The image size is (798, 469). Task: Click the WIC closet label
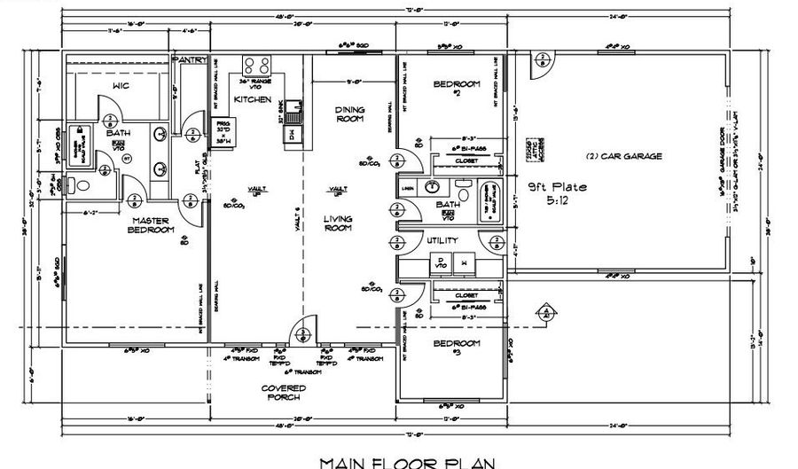(121, 85)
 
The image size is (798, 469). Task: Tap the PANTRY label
(190, 59)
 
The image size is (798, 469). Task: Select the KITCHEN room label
(252, 100)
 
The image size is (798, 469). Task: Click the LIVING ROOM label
(337, 224)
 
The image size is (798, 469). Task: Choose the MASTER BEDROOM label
(150, 225)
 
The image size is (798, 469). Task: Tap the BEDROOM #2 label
(456, 88)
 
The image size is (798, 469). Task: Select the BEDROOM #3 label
(456, 347)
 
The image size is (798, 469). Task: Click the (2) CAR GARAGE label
(624, 156)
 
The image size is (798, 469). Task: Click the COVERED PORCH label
(284, 393)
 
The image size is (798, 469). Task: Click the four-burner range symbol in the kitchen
(257, 66)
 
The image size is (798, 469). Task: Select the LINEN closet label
(407, 188)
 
